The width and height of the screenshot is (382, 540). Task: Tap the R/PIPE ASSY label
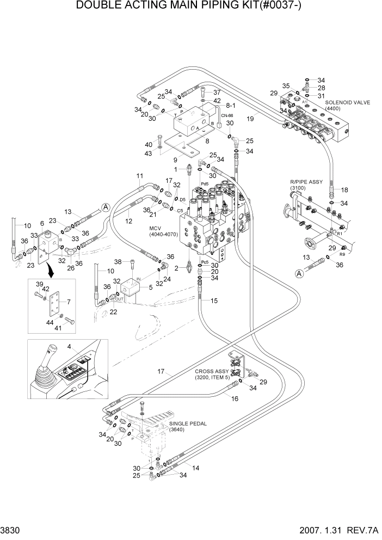pos(305,181)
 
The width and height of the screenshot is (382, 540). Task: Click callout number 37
pos(216,92)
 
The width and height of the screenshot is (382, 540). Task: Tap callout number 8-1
pos(230,105)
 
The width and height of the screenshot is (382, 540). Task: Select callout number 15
pos(214,300)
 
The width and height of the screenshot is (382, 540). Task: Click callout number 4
pos(69,346)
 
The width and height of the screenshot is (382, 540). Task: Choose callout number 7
pos(67,301)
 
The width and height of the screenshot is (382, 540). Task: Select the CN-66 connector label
pos(226,115)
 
